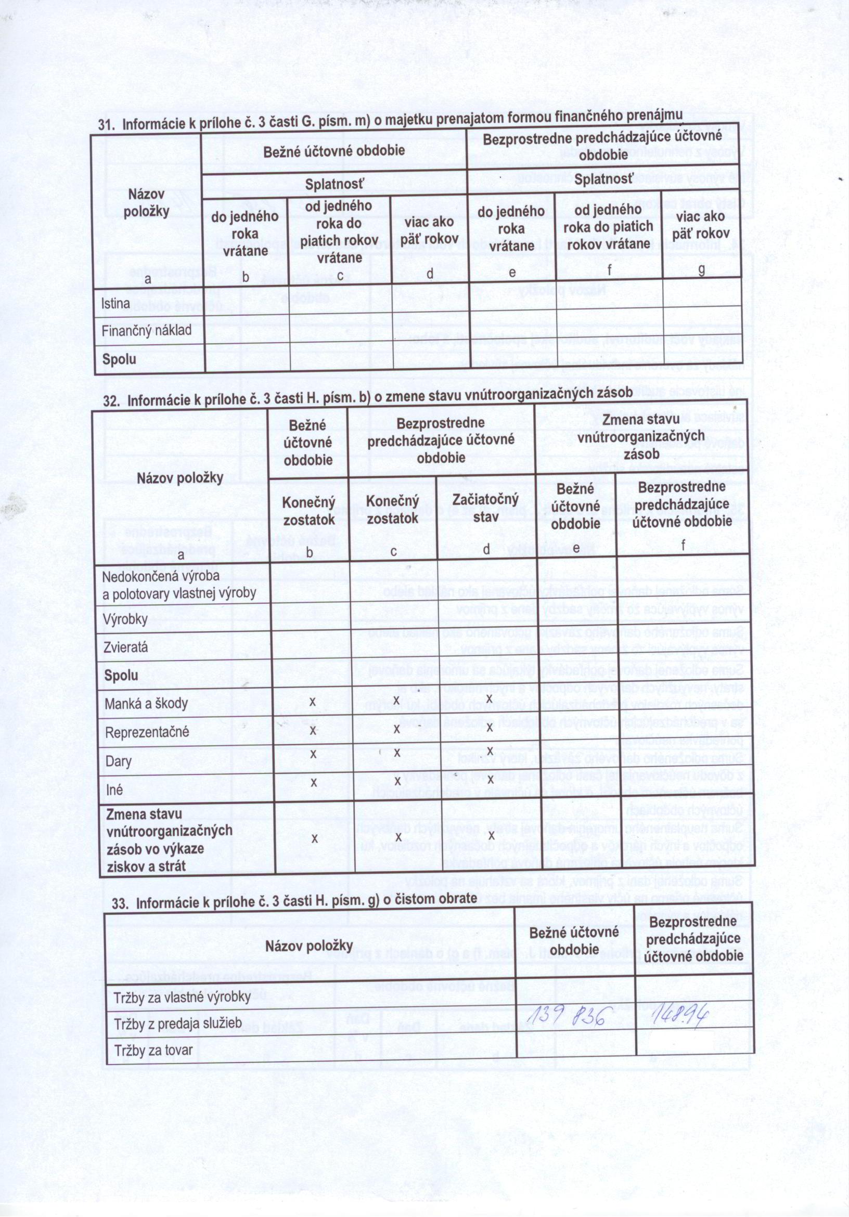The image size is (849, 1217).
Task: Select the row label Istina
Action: [x=115, y=304]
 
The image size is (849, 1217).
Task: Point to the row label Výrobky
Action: [x=126, y=619]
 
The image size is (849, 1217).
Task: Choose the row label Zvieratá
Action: [x=126, y=647]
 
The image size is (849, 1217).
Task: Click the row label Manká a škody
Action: [x=146, y=704]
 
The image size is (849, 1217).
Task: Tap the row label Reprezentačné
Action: [x=147, y=732]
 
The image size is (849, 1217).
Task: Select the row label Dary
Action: [x=118, y=762]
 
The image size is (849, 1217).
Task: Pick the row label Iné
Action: [x=114, y=790]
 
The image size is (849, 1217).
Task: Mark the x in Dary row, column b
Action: [x=313, y=753]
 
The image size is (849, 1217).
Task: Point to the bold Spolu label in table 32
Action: [x=121, y=676]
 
